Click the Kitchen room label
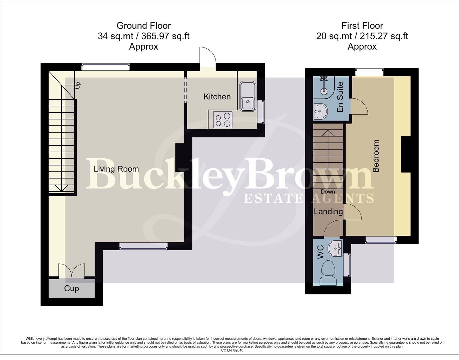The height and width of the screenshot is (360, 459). coord(217,97)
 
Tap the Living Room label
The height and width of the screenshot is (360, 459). coord(116,169)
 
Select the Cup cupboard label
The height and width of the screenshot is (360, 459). coord(71,289)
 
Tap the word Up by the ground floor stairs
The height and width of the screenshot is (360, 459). coord(78,85)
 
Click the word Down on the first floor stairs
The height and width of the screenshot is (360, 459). coord(328,192)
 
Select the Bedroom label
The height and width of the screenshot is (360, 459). coord(376,156)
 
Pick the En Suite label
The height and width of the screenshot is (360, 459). coord(340,97)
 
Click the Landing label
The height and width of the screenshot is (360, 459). coord(328,212)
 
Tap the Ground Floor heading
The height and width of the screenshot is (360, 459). coord(143,26)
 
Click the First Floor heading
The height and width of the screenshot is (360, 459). coord(362,26)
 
